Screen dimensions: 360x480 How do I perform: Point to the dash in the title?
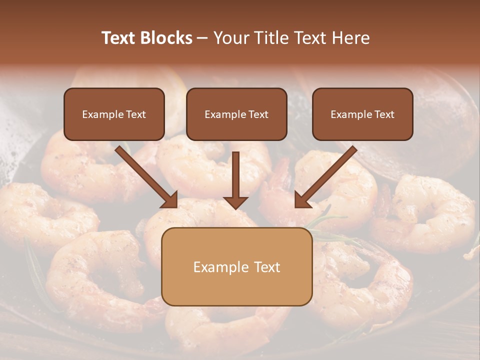[x=202, y=38]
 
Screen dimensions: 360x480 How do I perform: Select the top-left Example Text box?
[x=114, y=114]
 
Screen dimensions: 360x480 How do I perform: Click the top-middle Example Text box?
[x=236, y=114]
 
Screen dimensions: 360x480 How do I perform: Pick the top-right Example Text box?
[x=362, y=114]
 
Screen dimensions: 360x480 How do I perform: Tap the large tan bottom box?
[x=236, y=266]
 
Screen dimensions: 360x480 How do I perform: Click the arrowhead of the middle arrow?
[x=235, y=202]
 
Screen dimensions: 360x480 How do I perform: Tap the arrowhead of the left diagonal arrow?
[x=171, y=200]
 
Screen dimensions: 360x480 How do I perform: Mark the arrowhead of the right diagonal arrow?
[x=301, y=200]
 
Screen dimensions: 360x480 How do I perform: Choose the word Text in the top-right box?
[x=384, y=114]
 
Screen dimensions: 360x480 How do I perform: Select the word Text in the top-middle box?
[x=258, y=114]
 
